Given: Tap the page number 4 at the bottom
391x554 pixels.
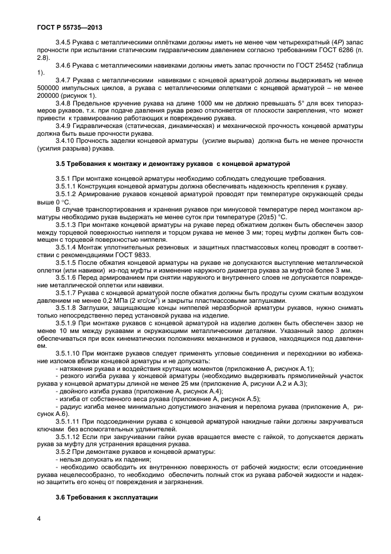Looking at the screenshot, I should (38, 518).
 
